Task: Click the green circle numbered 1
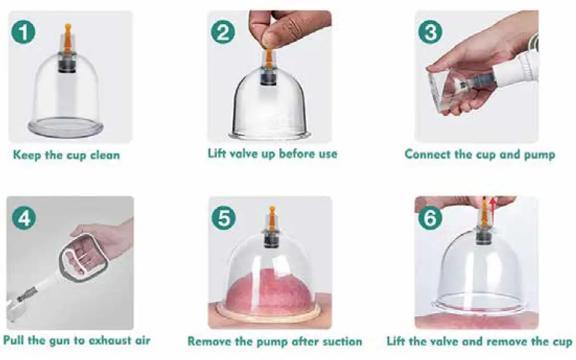click(23, 32)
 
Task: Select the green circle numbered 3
click(430, 31)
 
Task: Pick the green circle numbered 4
click(23, 218)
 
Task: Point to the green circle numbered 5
click(223, 218)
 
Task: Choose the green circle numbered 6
click(430, 218)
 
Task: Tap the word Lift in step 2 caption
click(219, 153)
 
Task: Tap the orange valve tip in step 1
click(67, 32)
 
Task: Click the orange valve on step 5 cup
click(272, 219)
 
